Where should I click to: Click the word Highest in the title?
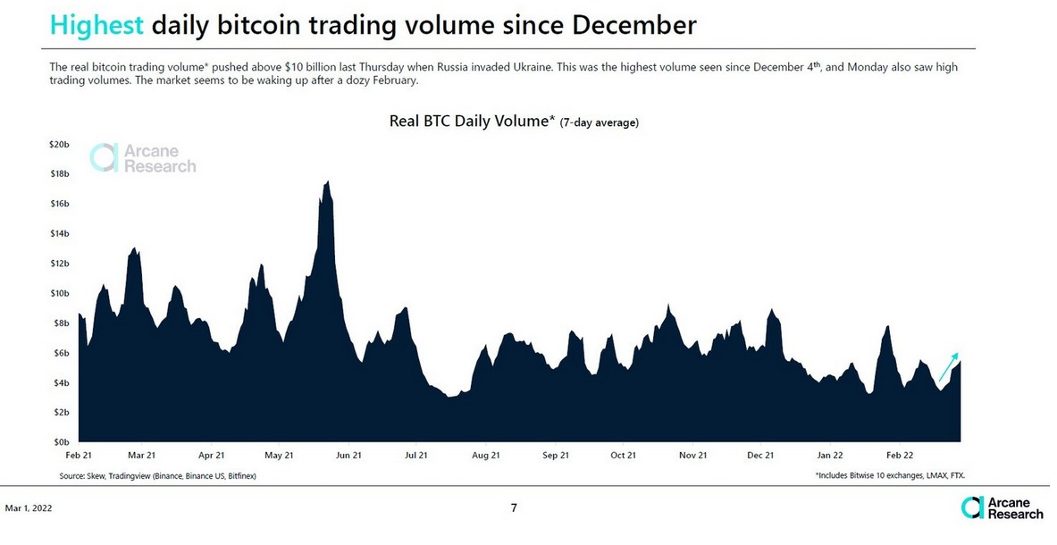click(96, 25)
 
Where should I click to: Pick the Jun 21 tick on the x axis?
click(348, 455)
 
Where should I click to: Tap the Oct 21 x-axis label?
click(623, 455)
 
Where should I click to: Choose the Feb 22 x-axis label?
click(899, 455)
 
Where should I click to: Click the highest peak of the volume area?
click(328, 183)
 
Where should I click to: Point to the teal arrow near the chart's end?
click(949, 366)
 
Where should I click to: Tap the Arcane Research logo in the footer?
click(1002, 508)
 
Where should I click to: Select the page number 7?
click(514, 508)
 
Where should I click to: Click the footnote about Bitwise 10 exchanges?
click(890, 476)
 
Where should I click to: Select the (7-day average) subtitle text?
click(599, 123)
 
